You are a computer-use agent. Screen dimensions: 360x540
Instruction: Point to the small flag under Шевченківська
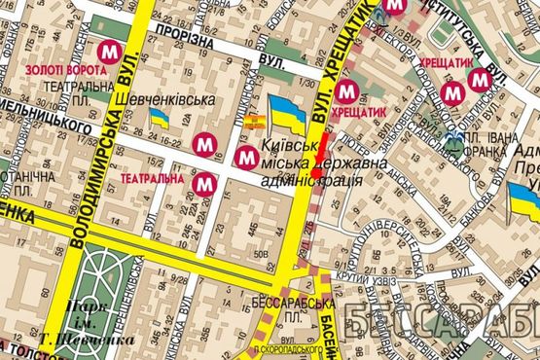coord(159,119)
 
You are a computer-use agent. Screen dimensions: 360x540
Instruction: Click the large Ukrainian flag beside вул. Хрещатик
coord(287,114)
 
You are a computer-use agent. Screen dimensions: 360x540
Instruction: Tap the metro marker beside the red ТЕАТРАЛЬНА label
coord(203,182)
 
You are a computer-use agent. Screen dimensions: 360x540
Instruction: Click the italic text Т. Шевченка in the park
coord(73,340)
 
